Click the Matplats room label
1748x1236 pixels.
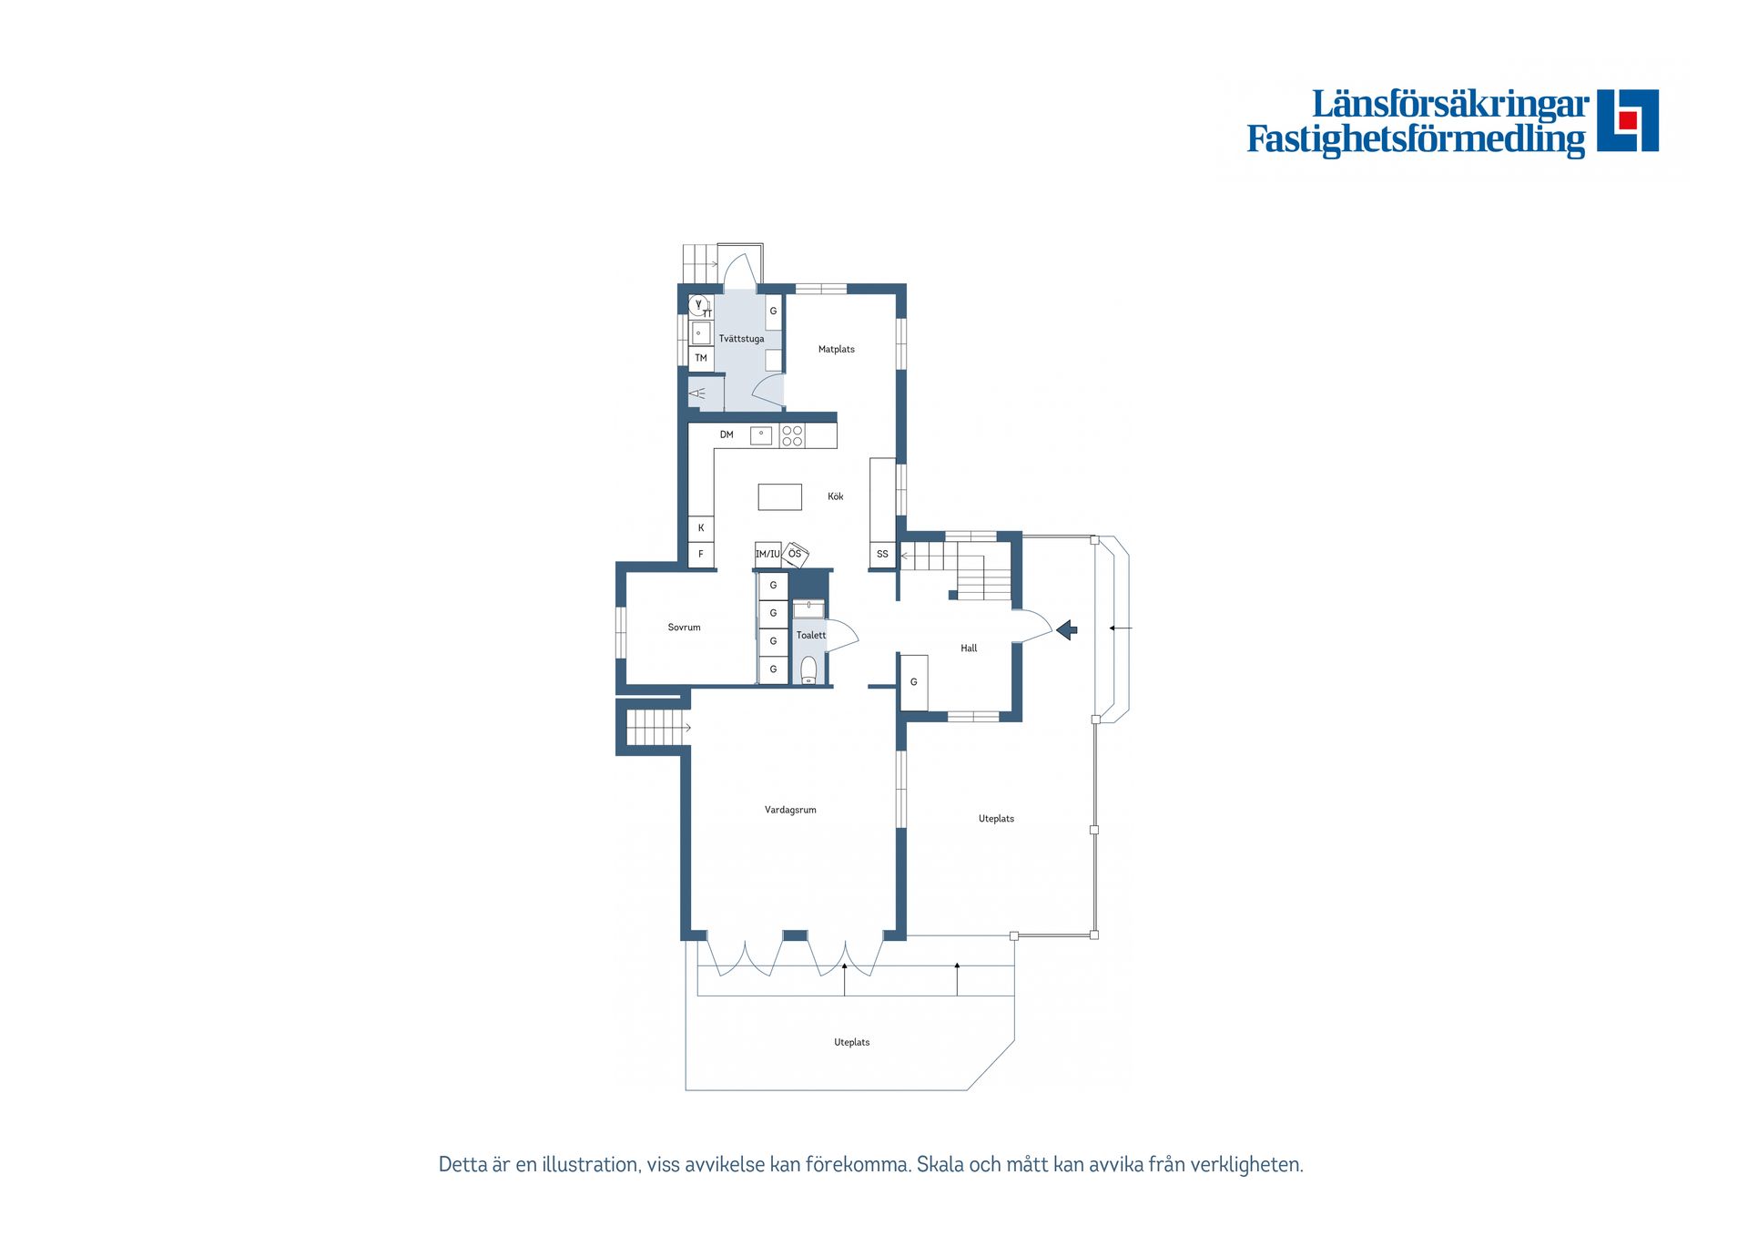tap(836, 350)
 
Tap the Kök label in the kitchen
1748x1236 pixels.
tap(835, 496)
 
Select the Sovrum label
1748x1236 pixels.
tap(684, 628)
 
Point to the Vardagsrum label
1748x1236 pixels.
tap(790, 810)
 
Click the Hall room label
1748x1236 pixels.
tap(969, 649)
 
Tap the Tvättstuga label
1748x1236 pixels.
tap(741, 339)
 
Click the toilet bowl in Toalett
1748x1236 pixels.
tap(808, 669)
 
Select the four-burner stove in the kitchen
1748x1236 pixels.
tap(792, 436)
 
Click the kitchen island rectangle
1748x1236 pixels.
tap(780, 496)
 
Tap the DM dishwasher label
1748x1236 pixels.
tap(727, 435)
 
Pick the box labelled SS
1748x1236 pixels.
tap(882, 554)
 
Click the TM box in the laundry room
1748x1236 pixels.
tap(701, 358)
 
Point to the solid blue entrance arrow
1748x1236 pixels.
tap(1067, 629)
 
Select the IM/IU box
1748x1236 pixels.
tap(767, 554)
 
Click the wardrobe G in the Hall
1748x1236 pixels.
tap(914, 682)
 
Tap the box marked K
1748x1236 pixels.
tap(701, 528)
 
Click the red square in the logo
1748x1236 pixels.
tap(1629, 120)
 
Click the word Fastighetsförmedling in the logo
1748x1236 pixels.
tap(1416, 139)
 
